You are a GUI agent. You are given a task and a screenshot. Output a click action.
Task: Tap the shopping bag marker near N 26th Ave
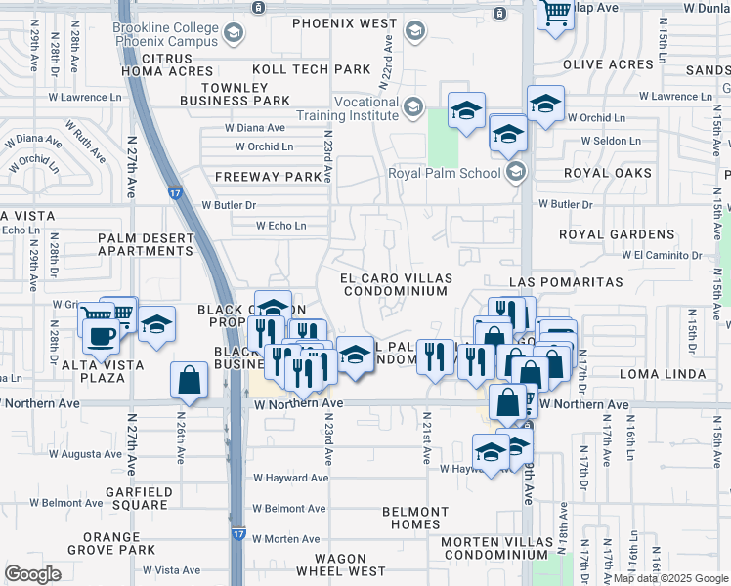point(188,379)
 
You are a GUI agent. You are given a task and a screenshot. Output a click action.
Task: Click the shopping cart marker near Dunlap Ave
point(555,14)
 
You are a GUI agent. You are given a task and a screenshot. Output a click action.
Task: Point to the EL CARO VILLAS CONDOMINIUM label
point(394,284)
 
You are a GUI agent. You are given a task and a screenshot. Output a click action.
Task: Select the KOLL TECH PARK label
point(312,69)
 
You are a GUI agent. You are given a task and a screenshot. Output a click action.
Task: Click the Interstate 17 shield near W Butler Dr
point(173,194)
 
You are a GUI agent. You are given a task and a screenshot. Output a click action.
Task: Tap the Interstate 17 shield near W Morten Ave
point(238,535)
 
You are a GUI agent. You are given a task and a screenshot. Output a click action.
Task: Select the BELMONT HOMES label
point(415,518)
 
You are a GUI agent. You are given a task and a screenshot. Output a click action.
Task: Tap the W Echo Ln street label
point(280,226)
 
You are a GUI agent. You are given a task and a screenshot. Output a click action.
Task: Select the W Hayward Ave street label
point(290,478)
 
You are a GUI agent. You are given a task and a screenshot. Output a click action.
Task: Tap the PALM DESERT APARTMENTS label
point(145,243)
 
